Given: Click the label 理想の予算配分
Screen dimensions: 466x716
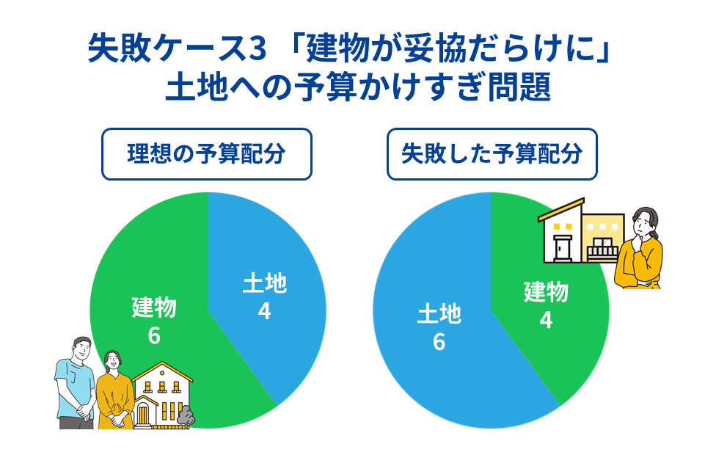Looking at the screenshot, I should click(x=206, y=154).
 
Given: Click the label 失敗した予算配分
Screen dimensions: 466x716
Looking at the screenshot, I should click(x=492, y=154).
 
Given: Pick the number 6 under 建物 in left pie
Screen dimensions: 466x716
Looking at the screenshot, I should click(x=154, y=335).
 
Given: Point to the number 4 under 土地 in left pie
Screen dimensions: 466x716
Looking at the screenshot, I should click(x=264, y=311).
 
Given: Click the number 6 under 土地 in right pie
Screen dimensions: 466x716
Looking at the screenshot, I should click(x=439, y=342).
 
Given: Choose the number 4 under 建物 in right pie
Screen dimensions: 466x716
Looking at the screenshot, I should click(x=546, y=320).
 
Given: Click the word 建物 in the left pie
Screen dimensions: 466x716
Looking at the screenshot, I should click(x=154, y=307).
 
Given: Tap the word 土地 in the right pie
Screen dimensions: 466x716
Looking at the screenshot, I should click(x=439, y=314).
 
